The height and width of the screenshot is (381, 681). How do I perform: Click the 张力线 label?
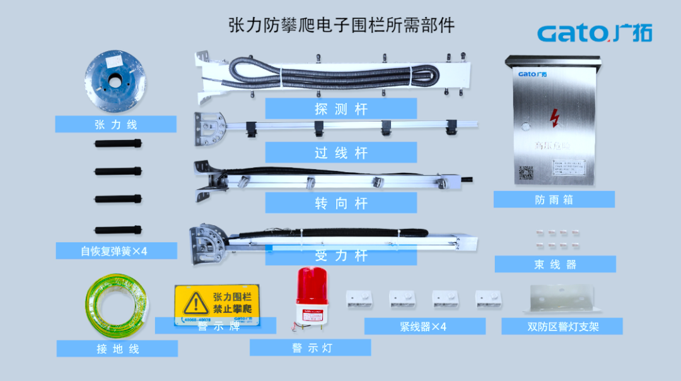(x=115, y=124)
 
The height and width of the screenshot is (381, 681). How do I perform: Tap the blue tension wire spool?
(x=115, y=80)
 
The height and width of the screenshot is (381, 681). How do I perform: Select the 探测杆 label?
(x=340, y=108)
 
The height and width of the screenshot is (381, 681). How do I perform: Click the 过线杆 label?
(x=340, y=153)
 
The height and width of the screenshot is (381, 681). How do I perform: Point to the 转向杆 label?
(x=340, y=203)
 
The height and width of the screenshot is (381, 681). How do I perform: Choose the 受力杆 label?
(x=340, y=255)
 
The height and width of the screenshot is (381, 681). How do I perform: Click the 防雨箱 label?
(x=554, y=199)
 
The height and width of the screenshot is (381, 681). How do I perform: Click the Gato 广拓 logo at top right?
(x=595, y=33)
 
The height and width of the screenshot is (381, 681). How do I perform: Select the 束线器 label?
(x=555, y=264)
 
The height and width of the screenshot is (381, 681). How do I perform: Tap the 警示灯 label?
(x=310, y=348)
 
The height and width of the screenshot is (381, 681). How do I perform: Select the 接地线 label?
(x=117, y=349)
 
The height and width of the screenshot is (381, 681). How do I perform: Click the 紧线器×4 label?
(x=424, y=326)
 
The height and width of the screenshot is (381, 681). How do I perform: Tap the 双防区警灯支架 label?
(x=562, y=326)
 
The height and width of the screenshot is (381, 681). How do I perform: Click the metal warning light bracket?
(x=561, y=298)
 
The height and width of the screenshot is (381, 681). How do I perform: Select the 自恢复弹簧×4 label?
(x=114, y=251)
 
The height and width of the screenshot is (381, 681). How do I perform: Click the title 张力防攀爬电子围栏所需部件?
(x=341, y=26)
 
